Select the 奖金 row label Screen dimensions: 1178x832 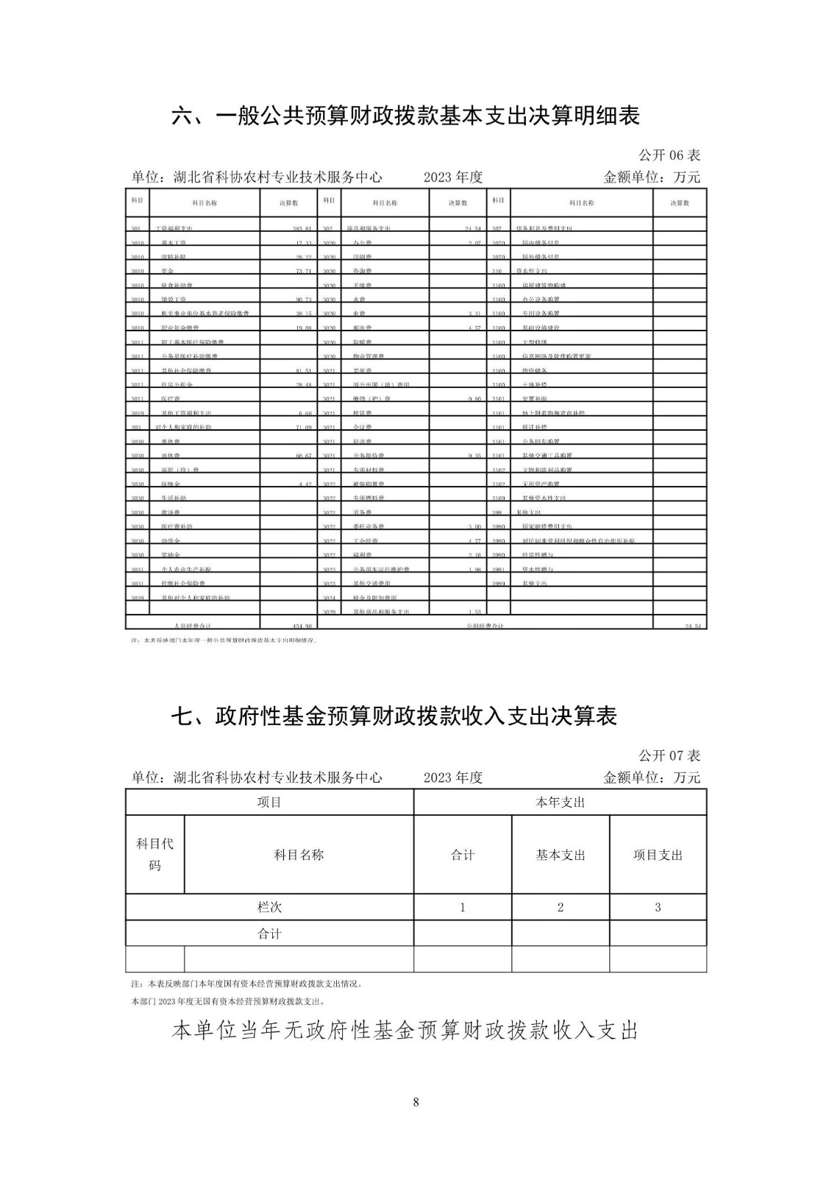click(x=167, y=272)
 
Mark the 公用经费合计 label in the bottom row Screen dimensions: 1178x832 click(x=485, y=626)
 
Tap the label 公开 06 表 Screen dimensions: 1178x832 click(x=669, y=155)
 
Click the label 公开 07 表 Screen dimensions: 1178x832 click(x=669, y=755)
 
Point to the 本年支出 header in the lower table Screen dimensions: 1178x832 click(x=560, y=803)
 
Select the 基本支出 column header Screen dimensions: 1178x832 click(x=560, y=855)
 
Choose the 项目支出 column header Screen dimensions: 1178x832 click(x=658, y=855)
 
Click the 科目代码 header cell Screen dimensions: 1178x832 click(x=154, y=855)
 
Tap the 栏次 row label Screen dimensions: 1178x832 click(x=269, y=907)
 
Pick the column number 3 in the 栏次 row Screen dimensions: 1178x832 click(x=658, y=907)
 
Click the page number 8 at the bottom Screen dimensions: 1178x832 click(x=416, y=1102)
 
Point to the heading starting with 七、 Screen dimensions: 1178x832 click(x=394, y=716)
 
